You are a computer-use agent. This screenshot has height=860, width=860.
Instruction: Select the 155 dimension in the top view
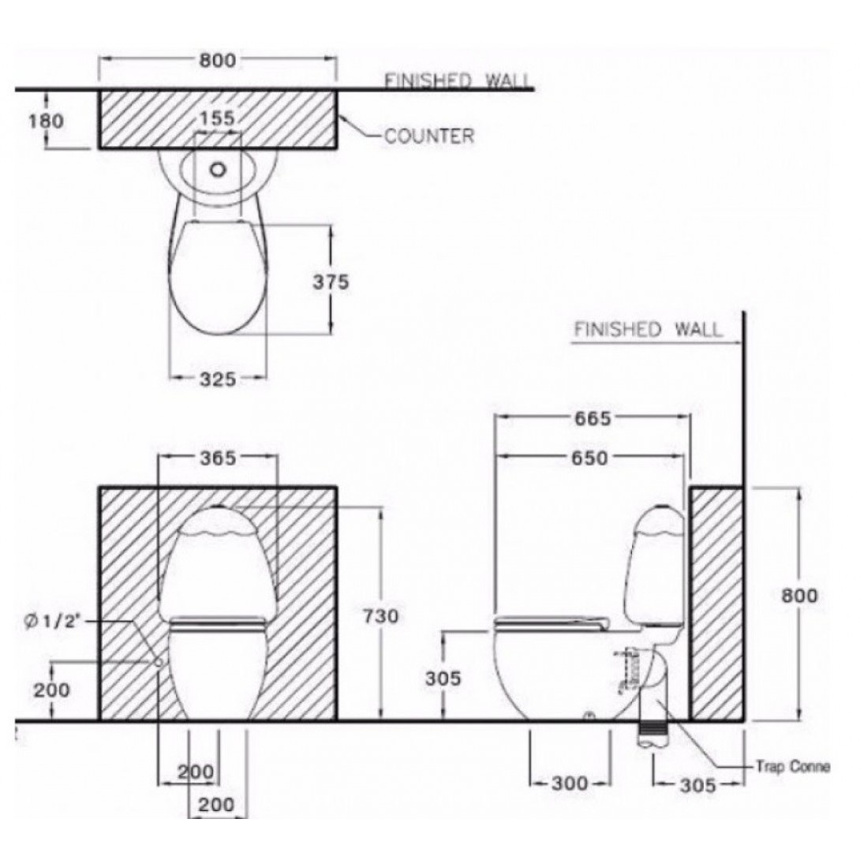(217, 118)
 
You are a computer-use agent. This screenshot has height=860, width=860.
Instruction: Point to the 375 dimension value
(330, 282)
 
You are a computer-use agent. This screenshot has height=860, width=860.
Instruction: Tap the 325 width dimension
(217, 380)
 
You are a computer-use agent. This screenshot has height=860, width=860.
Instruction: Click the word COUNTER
(429, 136)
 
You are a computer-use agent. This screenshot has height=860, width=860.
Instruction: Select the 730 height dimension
(381, 616)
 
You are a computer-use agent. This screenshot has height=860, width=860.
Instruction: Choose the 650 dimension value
(588, 458)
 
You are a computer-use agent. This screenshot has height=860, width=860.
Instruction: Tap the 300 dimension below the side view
(569, 783)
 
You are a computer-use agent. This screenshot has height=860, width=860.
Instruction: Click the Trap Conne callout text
(792, 766)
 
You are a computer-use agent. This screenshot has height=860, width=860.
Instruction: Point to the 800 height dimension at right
(800, 595)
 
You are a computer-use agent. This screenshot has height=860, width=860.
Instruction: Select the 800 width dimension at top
(217, 60)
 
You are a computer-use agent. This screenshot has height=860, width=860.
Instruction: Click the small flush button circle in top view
(219, 168)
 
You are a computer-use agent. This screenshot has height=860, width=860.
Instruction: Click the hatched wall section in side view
(716, 604)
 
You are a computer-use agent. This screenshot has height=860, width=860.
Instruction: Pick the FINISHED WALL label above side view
(647, 330)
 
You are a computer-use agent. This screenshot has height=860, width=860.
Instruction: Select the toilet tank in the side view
(656, 564)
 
